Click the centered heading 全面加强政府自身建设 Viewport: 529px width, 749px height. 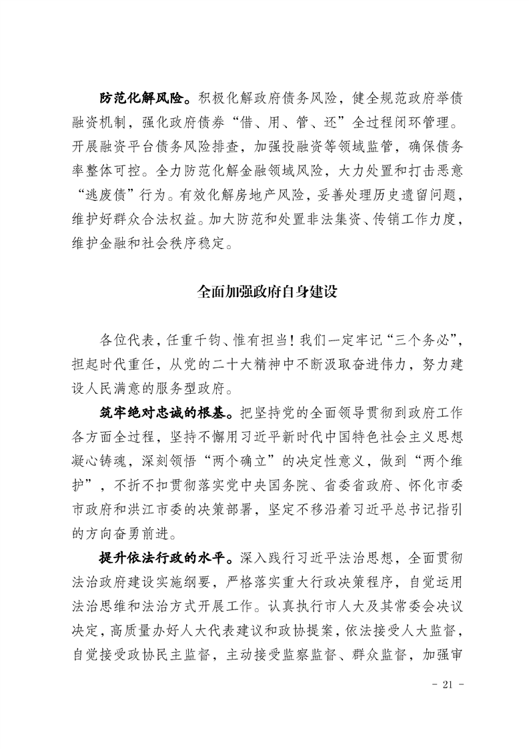click(x=264, y=292)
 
